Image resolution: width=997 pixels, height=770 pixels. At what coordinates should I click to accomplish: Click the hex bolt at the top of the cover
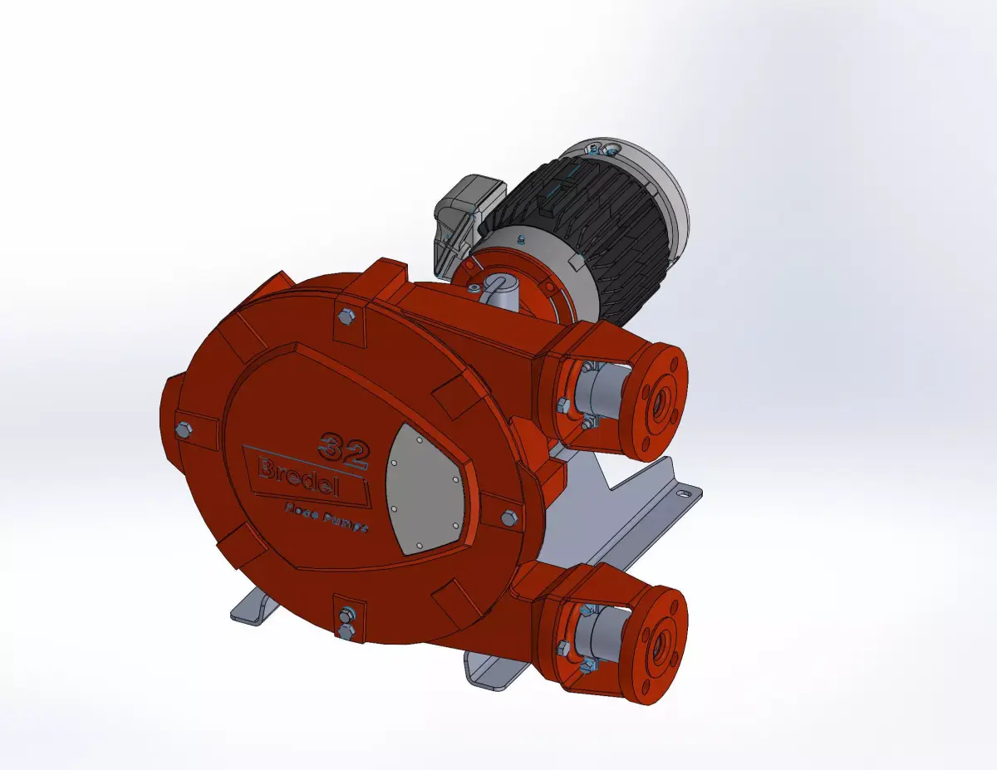point(345,316)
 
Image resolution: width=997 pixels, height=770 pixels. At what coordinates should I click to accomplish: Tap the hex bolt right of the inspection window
point(508,518)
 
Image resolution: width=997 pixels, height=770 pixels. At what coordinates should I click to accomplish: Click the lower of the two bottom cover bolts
point(346,631)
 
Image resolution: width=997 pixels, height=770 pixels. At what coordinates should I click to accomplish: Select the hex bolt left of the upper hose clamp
point(563,405)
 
